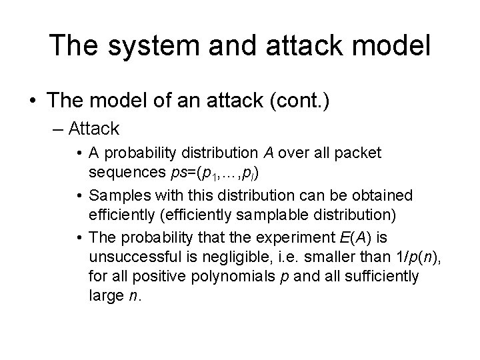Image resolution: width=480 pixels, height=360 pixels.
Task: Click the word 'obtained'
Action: click(382, 196)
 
